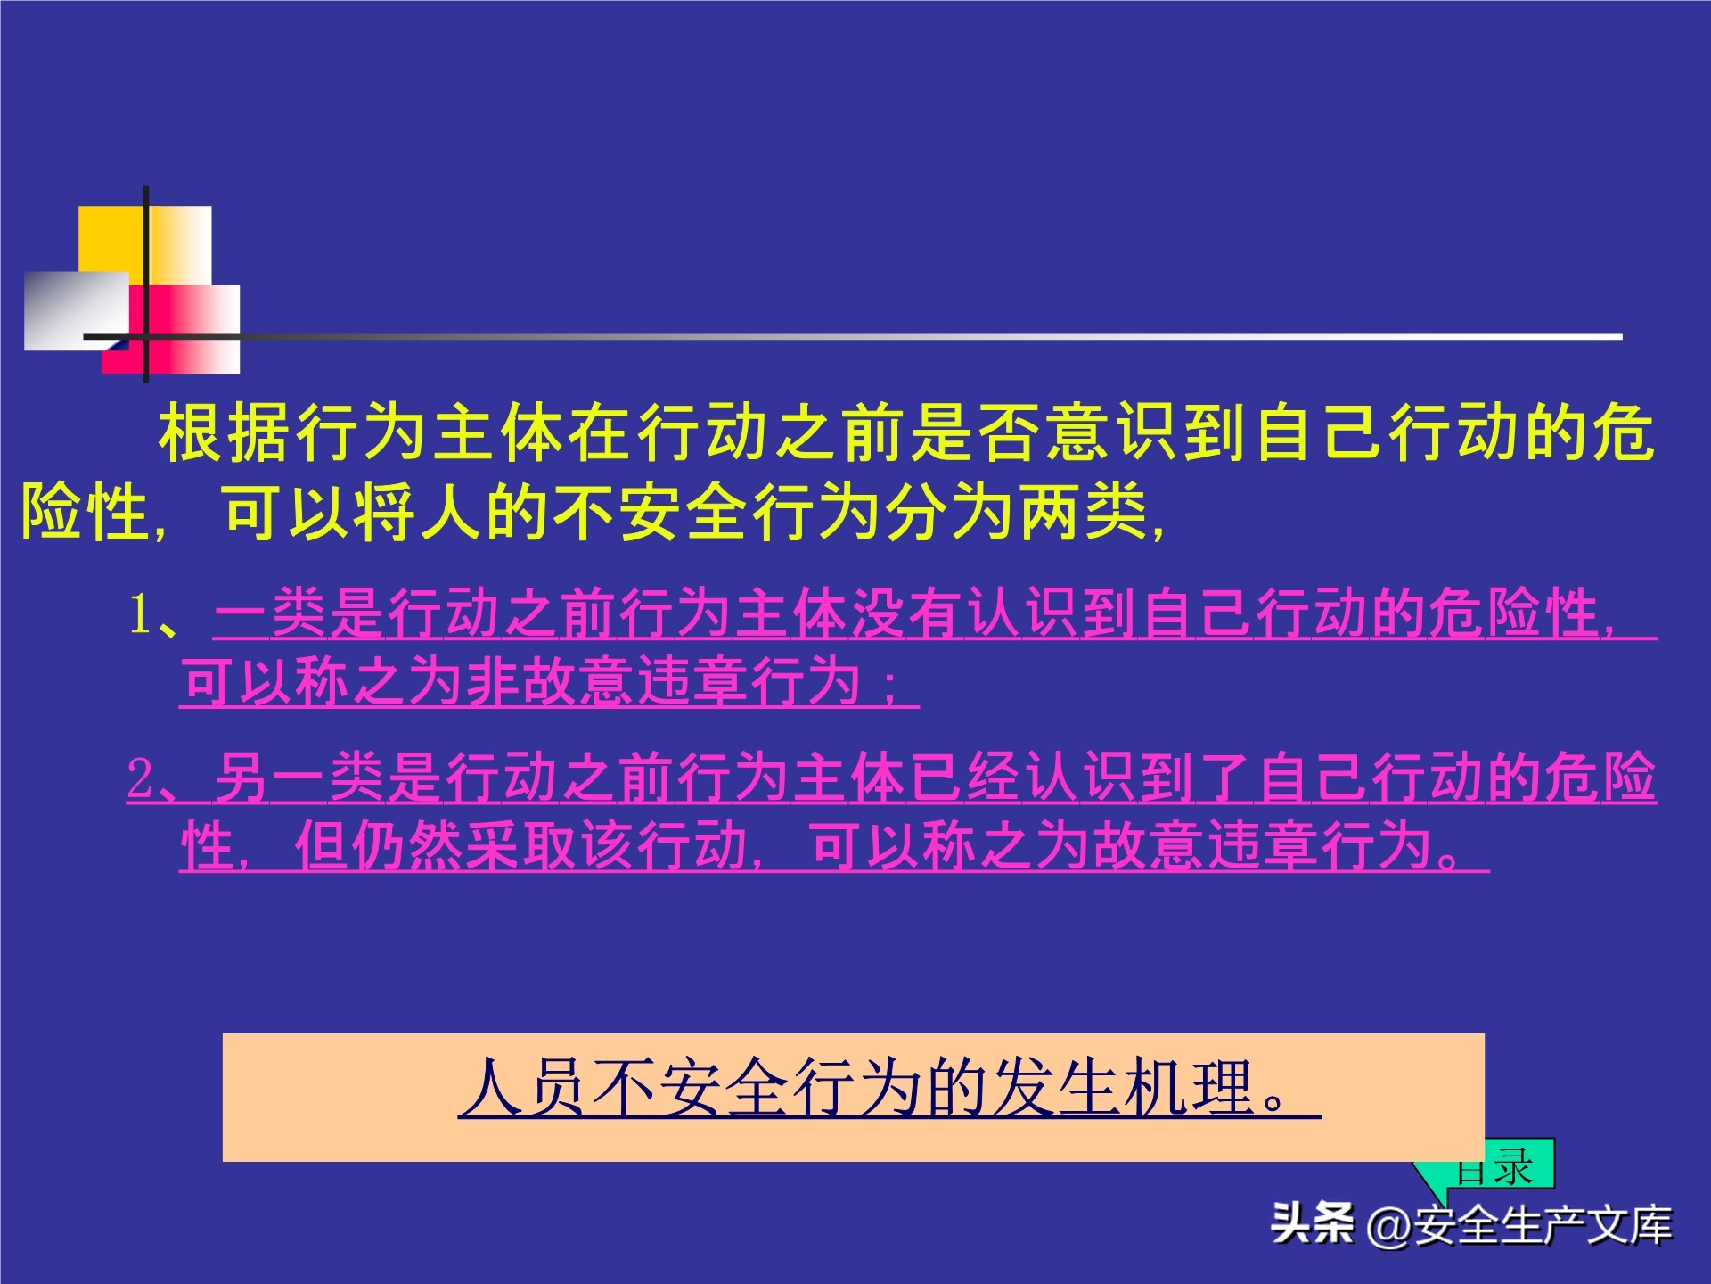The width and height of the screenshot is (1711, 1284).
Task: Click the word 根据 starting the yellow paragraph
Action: (x=227, y=433)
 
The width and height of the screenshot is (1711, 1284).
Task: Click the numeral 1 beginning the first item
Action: (x=140, y=614)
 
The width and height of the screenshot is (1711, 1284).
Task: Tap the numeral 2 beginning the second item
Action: (x=140, y=778)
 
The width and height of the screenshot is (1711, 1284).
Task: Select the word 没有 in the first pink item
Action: (x=907, y=614)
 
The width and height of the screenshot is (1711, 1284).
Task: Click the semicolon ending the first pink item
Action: (x=888, y=685)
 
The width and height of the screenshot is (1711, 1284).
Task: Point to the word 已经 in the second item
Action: (x=966, y=778)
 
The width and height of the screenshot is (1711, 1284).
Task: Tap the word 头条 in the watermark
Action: (x=1313, y=1224)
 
